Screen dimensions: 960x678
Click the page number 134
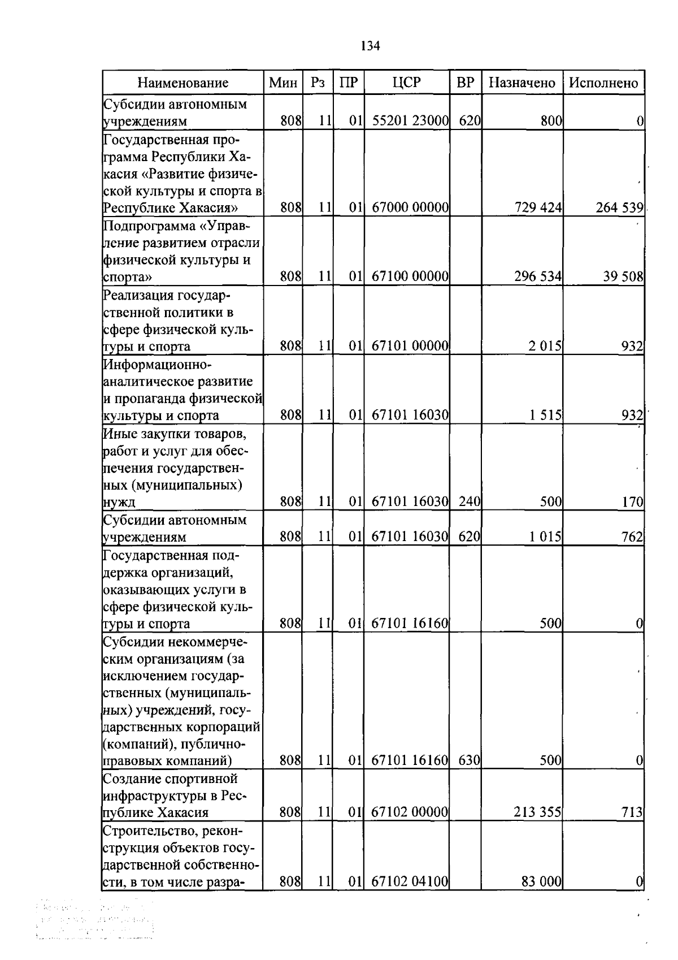[x=370, y=46]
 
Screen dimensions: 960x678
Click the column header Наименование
[x=183, y=83]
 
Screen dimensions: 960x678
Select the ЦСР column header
[x=407, y=83]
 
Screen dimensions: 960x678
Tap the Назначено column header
[x=522, y=83]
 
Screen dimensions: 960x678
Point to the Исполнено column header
[x=603, y=83]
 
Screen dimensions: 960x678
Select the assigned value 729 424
[x=538, y=207]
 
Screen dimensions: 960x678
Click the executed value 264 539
[x=619, y=207]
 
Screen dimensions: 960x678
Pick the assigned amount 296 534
[x=538, y=277]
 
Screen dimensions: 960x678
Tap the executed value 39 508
[x=623, y=277]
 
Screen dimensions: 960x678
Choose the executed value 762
[x=633, y=537]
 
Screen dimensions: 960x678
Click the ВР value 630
[x=469, y=760]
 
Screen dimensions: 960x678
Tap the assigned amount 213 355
[x=537, y=812]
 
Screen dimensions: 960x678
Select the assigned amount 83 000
[x=541, y=881]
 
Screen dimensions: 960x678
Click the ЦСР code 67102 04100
[x=410, y=881]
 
